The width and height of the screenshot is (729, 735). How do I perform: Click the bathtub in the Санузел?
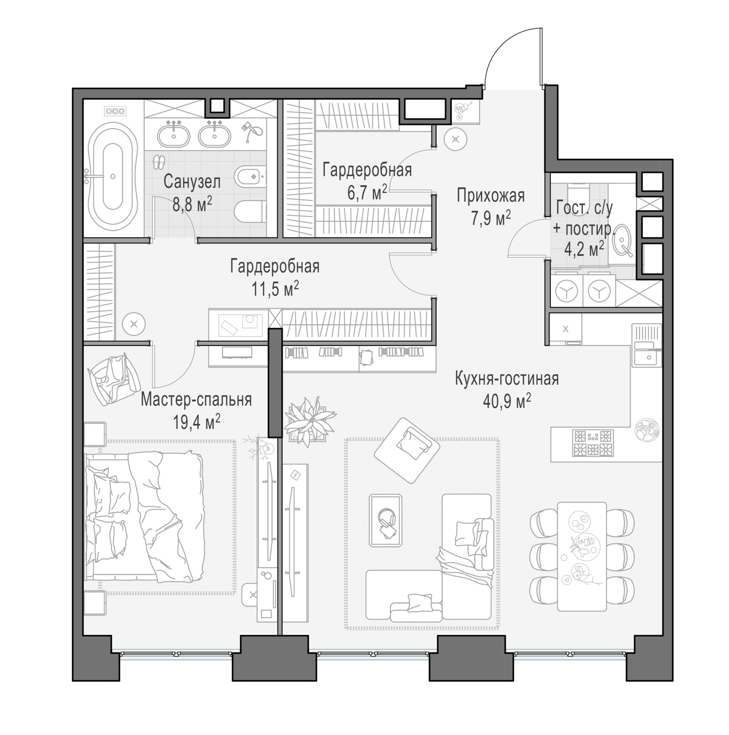[x=113, y=177]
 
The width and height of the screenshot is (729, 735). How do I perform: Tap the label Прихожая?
[x=490, y=196]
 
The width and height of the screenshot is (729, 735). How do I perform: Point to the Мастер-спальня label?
[x=196, y=400]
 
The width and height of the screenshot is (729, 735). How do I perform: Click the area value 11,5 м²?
[x=275, y=289]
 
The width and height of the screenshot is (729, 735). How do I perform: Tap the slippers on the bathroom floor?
[x=158, y=162]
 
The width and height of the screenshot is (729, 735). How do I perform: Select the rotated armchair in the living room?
[x=406, y=449]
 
